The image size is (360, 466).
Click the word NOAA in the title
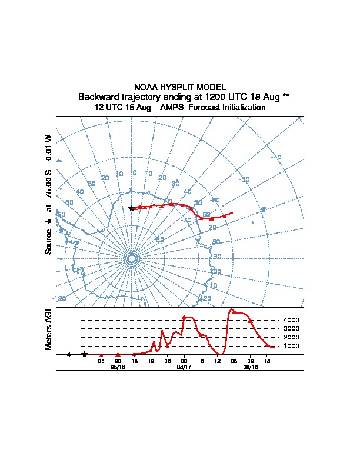[x=145, y=86]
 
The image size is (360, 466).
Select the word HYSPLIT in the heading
[x=176, y=86]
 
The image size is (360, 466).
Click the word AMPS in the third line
[x=173, y=108]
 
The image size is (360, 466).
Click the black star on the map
[x=131, y=208]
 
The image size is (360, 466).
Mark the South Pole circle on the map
[x=132, y=258]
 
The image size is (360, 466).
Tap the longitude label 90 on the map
[x=218, y=257]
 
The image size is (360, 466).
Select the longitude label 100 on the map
[x=215, y=271]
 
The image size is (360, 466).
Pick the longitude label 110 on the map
[x=212, y=285]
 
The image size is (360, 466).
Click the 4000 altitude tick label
[x=291, y=320]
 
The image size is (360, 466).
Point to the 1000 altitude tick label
[x=291, y=346]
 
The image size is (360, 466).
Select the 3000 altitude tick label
[x=291, y=328]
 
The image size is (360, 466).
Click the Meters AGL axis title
[x=49, y=328]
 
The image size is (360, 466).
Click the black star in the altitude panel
[x=85, y=354]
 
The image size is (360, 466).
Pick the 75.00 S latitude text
[x=49, y=187]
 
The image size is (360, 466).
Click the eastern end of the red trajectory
[x=232, y=212]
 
